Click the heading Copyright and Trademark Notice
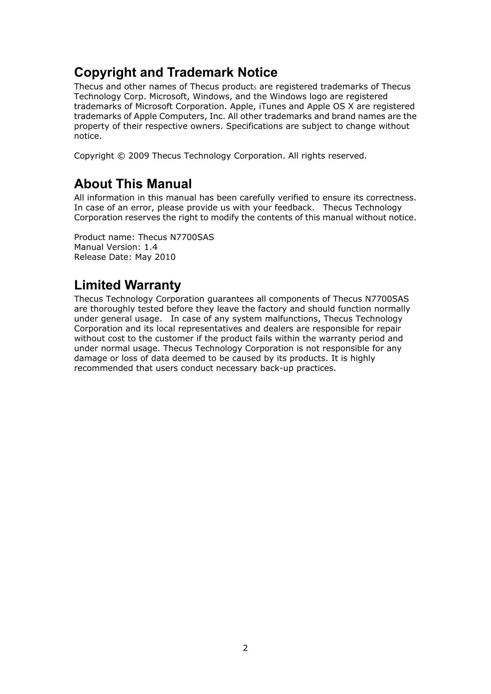click(176, 72)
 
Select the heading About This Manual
click(133, 184)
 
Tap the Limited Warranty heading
click(127, 285)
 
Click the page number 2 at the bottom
click(245, 648)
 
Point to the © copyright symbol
click(121, 156)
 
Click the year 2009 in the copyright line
click(139, 156)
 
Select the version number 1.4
click(151, 247)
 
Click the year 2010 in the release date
click(165, 257)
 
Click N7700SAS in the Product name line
click(192, 237)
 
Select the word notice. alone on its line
click(88, 136)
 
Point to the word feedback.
click(294, 208)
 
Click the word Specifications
click(255, 126)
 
